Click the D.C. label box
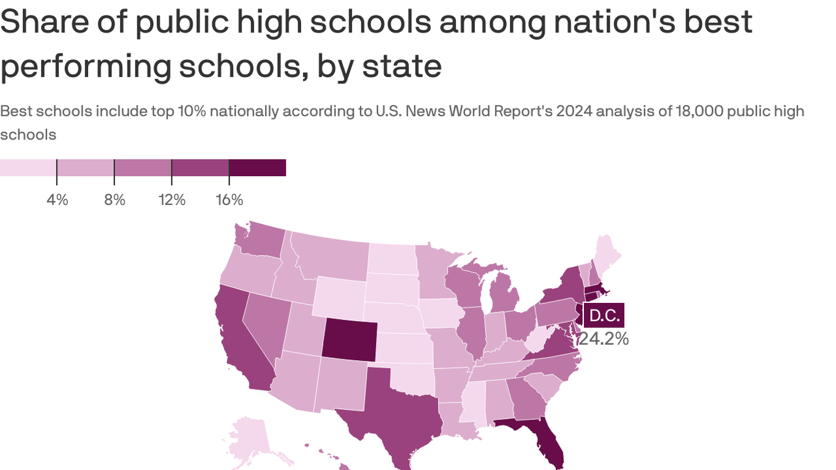pyautogui.click(x=604, y=316)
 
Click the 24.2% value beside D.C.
pyautogui.click(x=604, y=338)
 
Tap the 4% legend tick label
pyautogui.click(x=57, y=200)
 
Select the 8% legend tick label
pyautogui.click(x=114, y=200)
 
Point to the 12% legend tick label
pyautogui.click(x=172, y=200)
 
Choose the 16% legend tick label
pyautogui.click(x=230, y=200)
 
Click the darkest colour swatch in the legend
pyautogui.click(x=258, y=167)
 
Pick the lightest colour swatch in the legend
pyautogui.click(x=28, y=167)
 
